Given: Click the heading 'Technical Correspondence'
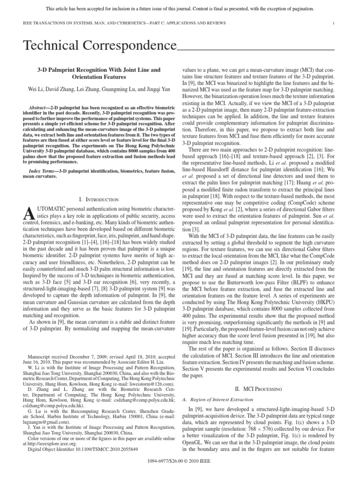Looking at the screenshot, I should point(100,46).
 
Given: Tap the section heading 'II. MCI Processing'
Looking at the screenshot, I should point(258,389).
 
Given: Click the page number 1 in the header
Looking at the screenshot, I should point(332,23).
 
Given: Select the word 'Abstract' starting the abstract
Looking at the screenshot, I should point(38,107).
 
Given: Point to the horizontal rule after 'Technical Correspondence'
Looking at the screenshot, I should point(256,49).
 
